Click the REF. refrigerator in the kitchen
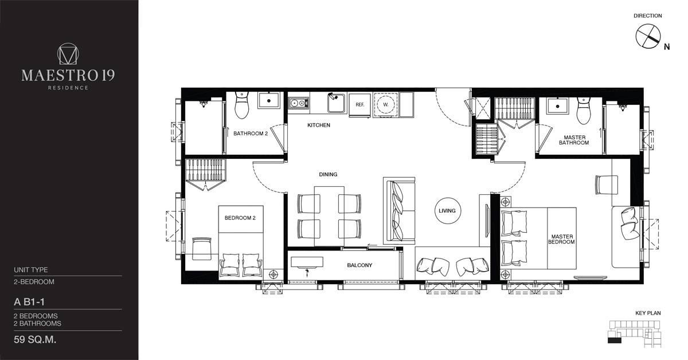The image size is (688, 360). [359, 105]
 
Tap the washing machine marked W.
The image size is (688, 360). [385, 104]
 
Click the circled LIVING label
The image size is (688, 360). [448, 211]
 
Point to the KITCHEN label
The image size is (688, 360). [319, 125]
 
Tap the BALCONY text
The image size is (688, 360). [359, 265]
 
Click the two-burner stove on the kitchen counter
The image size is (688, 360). [299, 103]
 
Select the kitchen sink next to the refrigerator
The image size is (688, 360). [337, 103]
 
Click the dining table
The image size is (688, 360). [329, 216]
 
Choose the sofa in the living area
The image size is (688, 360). [399, 210]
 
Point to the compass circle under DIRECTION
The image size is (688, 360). [648, 37]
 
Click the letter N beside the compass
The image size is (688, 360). [666, 47]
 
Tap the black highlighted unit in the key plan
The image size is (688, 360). [614, 341]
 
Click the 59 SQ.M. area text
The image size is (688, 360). [35, 340]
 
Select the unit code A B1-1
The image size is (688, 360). [29, 302]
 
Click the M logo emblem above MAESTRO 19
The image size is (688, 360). [68, 54]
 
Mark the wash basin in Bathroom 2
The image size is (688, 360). [269, 100]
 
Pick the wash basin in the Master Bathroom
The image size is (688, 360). [557, 106]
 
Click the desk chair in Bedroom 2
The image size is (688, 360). [201, 248]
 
